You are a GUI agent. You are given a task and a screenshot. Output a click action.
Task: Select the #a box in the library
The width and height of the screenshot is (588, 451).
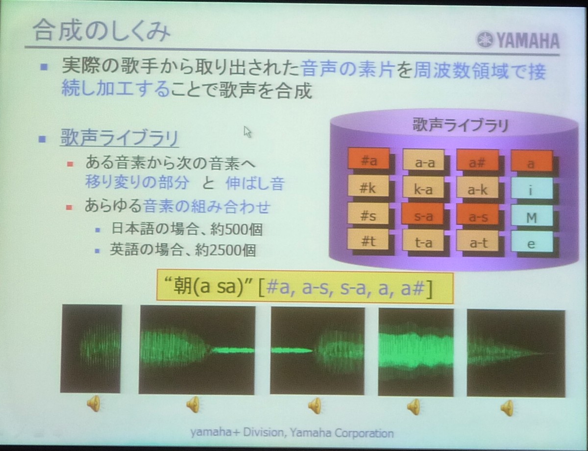point(368,161)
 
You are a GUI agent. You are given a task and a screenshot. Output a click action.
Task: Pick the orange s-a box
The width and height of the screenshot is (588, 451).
point(423,216)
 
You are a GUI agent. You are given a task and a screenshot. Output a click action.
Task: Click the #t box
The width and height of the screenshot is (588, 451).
point(368,242)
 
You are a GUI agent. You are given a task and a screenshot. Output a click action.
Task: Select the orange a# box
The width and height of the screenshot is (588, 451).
point(477,162)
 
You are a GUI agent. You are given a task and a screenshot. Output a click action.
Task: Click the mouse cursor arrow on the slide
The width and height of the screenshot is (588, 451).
point(247,132)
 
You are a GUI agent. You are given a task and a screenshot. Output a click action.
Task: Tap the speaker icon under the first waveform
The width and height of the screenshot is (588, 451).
point(94,403)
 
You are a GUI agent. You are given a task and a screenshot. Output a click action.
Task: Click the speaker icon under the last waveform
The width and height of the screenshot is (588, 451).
point(507,408)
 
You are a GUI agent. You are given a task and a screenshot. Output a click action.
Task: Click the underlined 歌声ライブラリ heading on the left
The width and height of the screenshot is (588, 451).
point(120,138)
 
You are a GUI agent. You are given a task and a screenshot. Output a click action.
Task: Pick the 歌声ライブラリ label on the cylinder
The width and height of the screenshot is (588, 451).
point(460,125)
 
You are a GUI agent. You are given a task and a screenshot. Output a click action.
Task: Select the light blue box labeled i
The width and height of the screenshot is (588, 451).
point(532,190)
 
